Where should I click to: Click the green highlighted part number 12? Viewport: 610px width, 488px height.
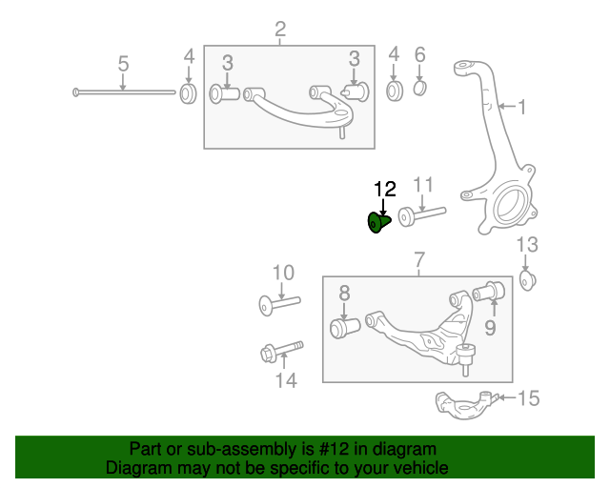379,224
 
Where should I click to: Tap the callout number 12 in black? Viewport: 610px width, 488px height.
384,189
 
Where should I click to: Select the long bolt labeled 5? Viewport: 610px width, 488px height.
124,92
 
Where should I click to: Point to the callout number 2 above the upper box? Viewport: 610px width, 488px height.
280,30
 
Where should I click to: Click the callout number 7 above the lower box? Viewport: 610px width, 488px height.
418,260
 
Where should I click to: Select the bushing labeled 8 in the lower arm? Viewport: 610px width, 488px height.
343,328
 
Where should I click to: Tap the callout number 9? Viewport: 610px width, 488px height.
489,329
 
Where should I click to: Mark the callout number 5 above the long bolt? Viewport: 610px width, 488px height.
123,64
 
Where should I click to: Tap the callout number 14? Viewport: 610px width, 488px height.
286,381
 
